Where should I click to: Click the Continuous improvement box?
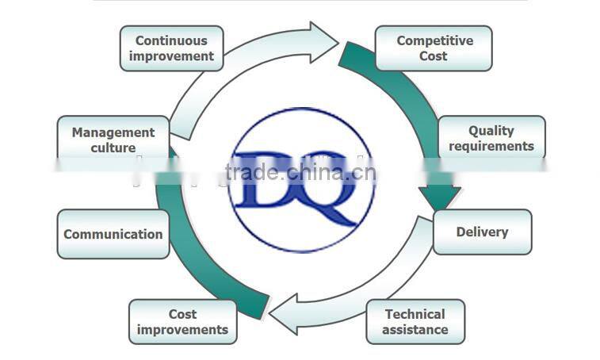point(171,48)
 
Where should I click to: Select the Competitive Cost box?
point(433,48)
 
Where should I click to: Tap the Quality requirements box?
point(491,138)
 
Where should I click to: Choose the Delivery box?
point(482,232)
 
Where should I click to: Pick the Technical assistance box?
point(415,321)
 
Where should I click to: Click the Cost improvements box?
point(182,322)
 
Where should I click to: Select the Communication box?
point(113,235)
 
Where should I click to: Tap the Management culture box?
point(113,140)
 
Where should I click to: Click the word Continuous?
point(171,40)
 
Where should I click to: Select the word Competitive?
point(434,40)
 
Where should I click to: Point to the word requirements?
point(491,146)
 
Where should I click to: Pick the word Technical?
point(415,313)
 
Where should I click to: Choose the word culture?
point(113,147)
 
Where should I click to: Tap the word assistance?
point(415,329)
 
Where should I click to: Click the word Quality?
point(491,130)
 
